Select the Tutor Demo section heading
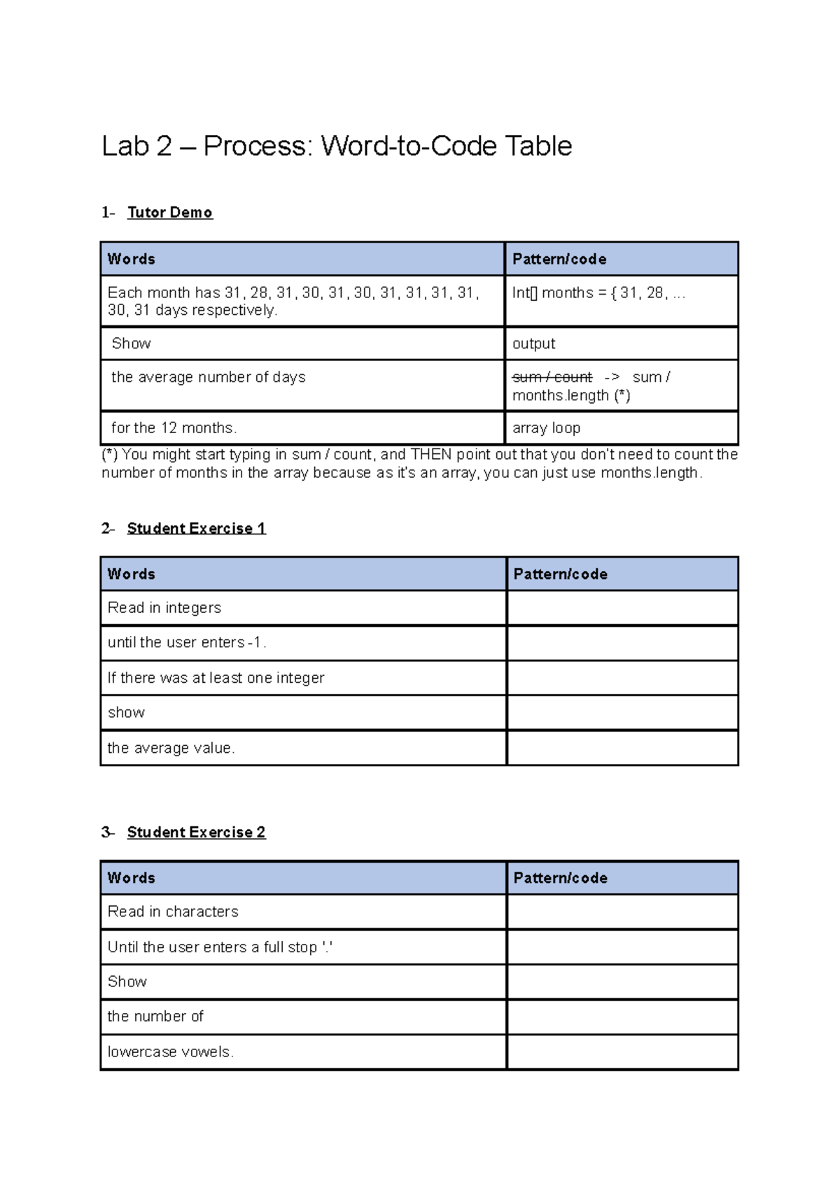[x=169, y=213]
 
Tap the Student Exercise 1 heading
[x=196, y=528]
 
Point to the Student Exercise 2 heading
[x=196, y=832]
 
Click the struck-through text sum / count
[x=552, y=378]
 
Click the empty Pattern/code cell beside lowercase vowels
[x=622, y=1052]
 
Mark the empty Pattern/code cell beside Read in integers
[x=622, y=608]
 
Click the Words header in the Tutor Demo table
[x=132, y=259]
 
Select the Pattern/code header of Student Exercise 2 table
[x=560, y=878]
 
